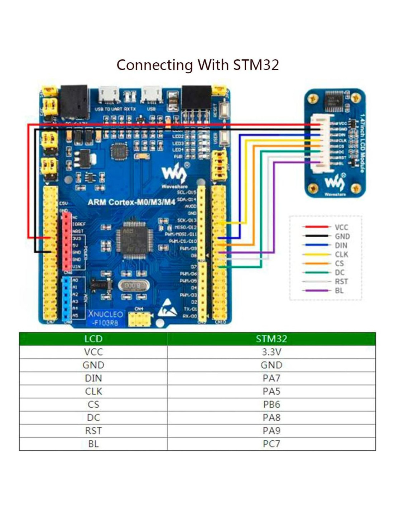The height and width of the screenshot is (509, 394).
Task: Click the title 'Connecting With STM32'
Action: pos(197,65)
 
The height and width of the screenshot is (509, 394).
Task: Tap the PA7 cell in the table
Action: pos(271,378)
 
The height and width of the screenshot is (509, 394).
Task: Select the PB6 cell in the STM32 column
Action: pos(271,404)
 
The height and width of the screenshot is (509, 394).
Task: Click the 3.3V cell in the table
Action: pos(271,352)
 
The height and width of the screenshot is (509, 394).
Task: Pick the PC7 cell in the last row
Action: pos(271,444)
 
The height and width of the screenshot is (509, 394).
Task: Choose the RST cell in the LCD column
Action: pos(93,431)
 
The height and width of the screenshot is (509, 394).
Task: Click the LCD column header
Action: pos(93,339)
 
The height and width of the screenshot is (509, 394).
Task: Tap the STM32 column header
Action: pos(271,339)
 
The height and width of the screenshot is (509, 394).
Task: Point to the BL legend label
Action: pos(339,291)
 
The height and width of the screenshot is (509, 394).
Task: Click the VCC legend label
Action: pos(341,227)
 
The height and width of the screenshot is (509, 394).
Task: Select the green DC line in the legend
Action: pos(316,272)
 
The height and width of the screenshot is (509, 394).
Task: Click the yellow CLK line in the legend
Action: pos(316,254)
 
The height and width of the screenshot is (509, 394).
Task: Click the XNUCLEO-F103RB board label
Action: pos(106,317)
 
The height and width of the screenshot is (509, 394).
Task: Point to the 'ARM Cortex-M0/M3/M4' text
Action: pos(131,202)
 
